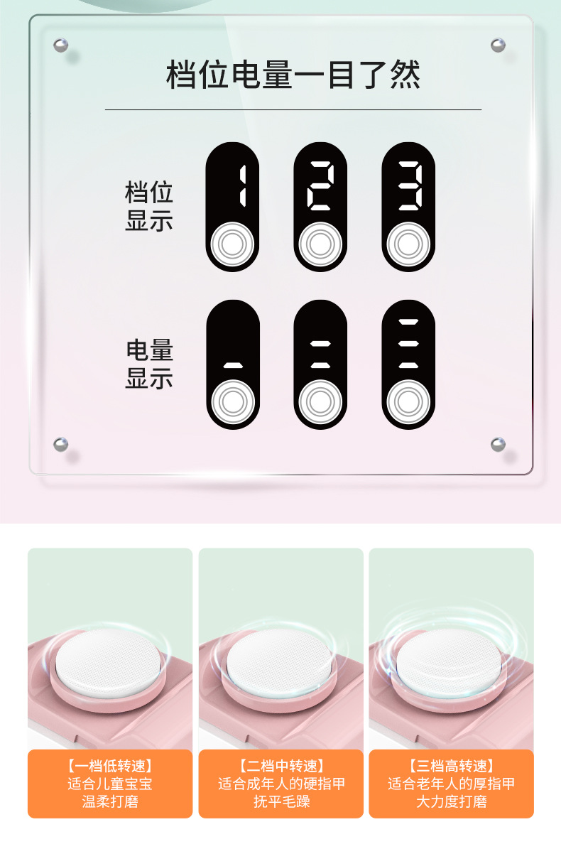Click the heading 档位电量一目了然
point(293,75)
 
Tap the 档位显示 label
point(149,206)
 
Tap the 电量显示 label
point(149,364)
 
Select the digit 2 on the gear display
point(320,186)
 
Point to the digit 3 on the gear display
point(409,186)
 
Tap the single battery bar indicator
point(233,365)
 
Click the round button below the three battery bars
point(408,403)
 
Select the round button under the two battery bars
point(320,403)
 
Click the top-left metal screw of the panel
point(61,45)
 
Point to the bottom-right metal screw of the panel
point(498,445)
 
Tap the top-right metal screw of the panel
point(498,45)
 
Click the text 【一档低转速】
point(110,766)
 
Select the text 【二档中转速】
point(280,766)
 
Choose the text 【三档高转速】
point(451,766)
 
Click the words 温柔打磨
point(110,802)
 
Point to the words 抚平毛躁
point(280,802)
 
